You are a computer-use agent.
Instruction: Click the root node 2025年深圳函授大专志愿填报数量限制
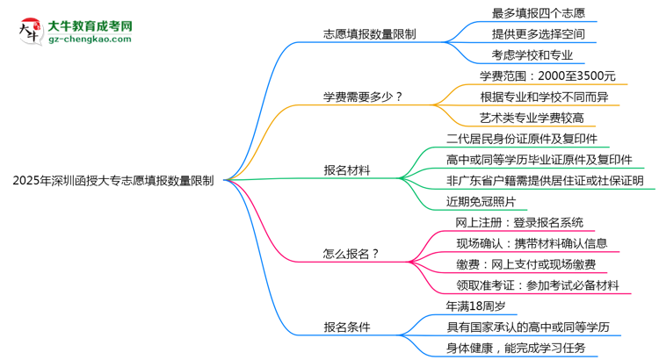tap(113, 181)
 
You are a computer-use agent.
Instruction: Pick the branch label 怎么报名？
tap(351, 254)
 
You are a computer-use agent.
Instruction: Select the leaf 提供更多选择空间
tap(539, 34)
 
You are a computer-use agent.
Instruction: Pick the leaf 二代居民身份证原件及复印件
tap(522, 139)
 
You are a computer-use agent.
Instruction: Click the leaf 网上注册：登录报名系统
tap(519, 222)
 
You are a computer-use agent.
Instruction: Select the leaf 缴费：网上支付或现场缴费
tap(525, 263)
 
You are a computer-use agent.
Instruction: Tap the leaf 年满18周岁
tap(475, 306)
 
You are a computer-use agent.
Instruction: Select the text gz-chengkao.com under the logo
tap(89, 40)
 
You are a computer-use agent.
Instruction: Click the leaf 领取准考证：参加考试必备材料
tap(538, 284)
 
